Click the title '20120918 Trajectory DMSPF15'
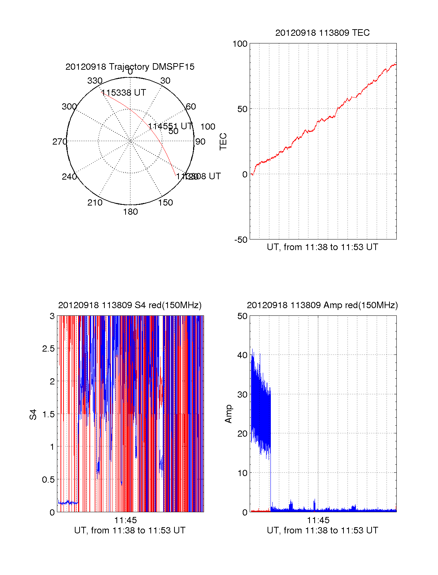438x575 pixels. pos(130,67)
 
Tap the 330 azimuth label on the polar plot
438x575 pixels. pos(95,81)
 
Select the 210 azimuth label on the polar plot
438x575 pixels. pos(95,203)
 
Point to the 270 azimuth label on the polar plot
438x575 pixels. pos(59,142)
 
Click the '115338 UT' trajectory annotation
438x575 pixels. pos(123,93)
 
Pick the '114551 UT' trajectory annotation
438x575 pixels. pos(170,126)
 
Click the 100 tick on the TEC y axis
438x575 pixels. pos(240,44)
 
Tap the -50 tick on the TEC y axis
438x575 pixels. pos(241,240)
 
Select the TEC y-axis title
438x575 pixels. pos(223,142)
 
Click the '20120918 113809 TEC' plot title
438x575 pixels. pos(322,33)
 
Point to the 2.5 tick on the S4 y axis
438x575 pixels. pos(49,349)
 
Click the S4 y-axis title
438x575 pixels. pos(33,414)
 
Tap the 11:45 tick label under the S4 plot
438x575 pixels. pos(126,520)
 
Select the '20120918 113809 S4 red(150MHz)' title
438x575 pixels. pos(130,305)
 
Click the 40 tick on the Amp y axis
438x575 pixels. pos(242,355)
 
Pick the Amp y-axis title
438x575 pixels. pos(228,414)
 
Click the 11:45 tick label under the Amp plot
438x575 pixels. pos(318,520)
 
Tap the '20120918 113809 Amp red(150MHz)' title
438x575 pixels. pos(322,305)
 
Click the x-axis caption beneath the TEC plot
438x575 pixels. pos(322,247)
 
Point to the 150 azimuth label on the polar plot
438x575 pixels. pos(165,203)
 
